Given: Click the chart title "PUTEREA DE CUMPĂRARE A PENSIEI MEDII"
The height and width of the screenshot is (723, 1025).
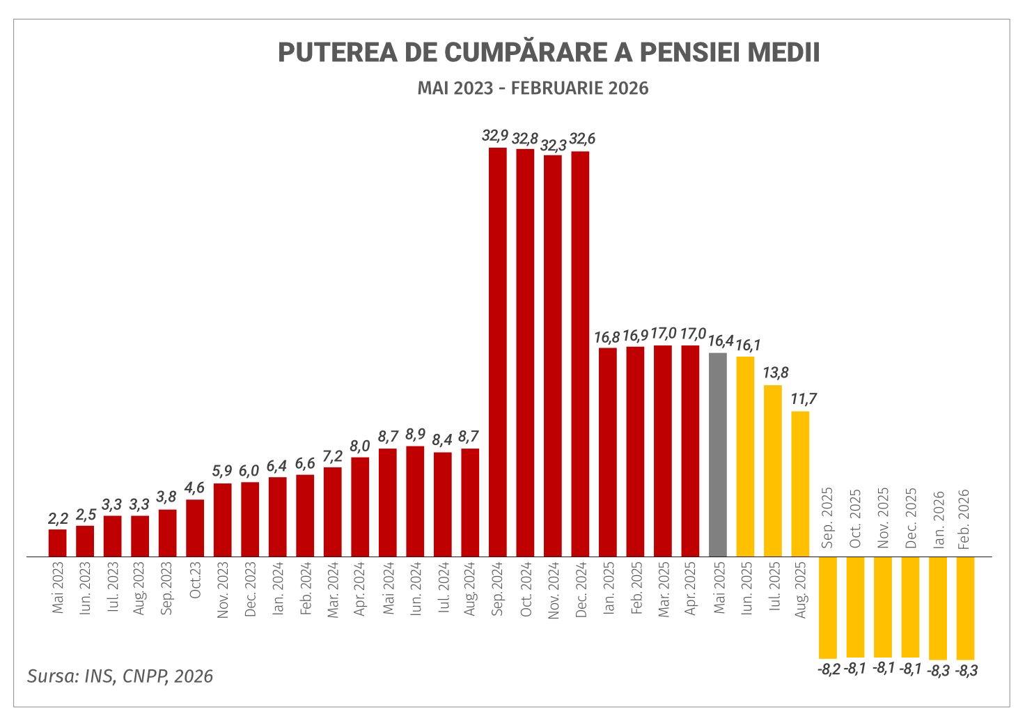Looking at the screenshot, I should tap(548, 52).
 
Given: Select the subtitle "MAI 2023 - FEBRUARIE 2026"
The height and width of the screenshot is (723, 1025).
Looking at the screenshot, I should tap(533, 88).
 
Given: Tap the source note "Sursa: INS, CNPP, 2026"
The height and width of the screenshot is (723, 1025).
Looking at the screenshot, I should tap(120, 676).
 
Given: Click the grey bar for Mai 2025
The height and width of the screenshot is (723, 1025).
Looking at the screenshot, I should tap(717, 454).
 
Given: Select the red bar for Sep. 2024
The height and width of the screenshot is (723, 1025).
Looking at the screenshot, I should tap(497, 352).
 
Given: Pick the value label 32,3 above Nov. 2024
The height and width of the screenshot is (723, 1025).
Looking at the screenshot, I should tap(552, 146).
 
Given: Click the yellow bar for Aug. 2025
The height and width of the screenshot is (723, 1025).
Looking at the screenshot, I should tap(800, 483).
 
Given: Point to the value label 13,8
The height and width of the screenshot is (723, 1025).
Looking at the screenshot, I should tap(775, 373).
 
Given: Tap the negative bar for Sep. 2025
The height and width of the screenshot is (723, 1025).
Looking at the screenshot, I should tap(828, 607).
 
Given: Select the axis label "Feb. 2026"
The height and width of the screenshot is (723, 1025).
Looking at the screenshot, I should tap(964, 519).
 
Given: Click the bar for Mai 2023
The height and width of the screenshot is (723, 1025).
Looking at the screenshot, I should tap(58, 543).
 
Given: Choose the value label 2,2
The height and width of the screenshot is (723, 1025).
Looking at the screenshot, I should tap(58, 518).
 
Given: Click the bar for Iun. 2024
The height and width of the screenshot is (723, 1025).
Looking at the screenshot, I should tap(415, 501).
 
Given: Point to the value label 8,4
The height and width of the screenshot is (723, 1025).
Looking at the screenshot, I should tap(442, 440).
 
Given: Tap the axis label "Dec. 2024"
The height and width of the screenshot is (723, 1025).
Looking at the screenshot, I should tap(581, 589).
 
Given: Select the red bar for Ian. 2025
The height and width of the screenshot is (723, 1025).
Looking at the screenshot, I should tap(607, 451).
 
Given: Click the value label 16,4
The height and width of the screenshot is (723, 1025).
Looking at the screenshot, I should tap(720, 341).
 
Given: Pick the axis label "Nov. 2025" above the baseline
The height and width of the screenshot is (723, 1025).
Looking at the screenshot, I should tap(882, 519).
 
